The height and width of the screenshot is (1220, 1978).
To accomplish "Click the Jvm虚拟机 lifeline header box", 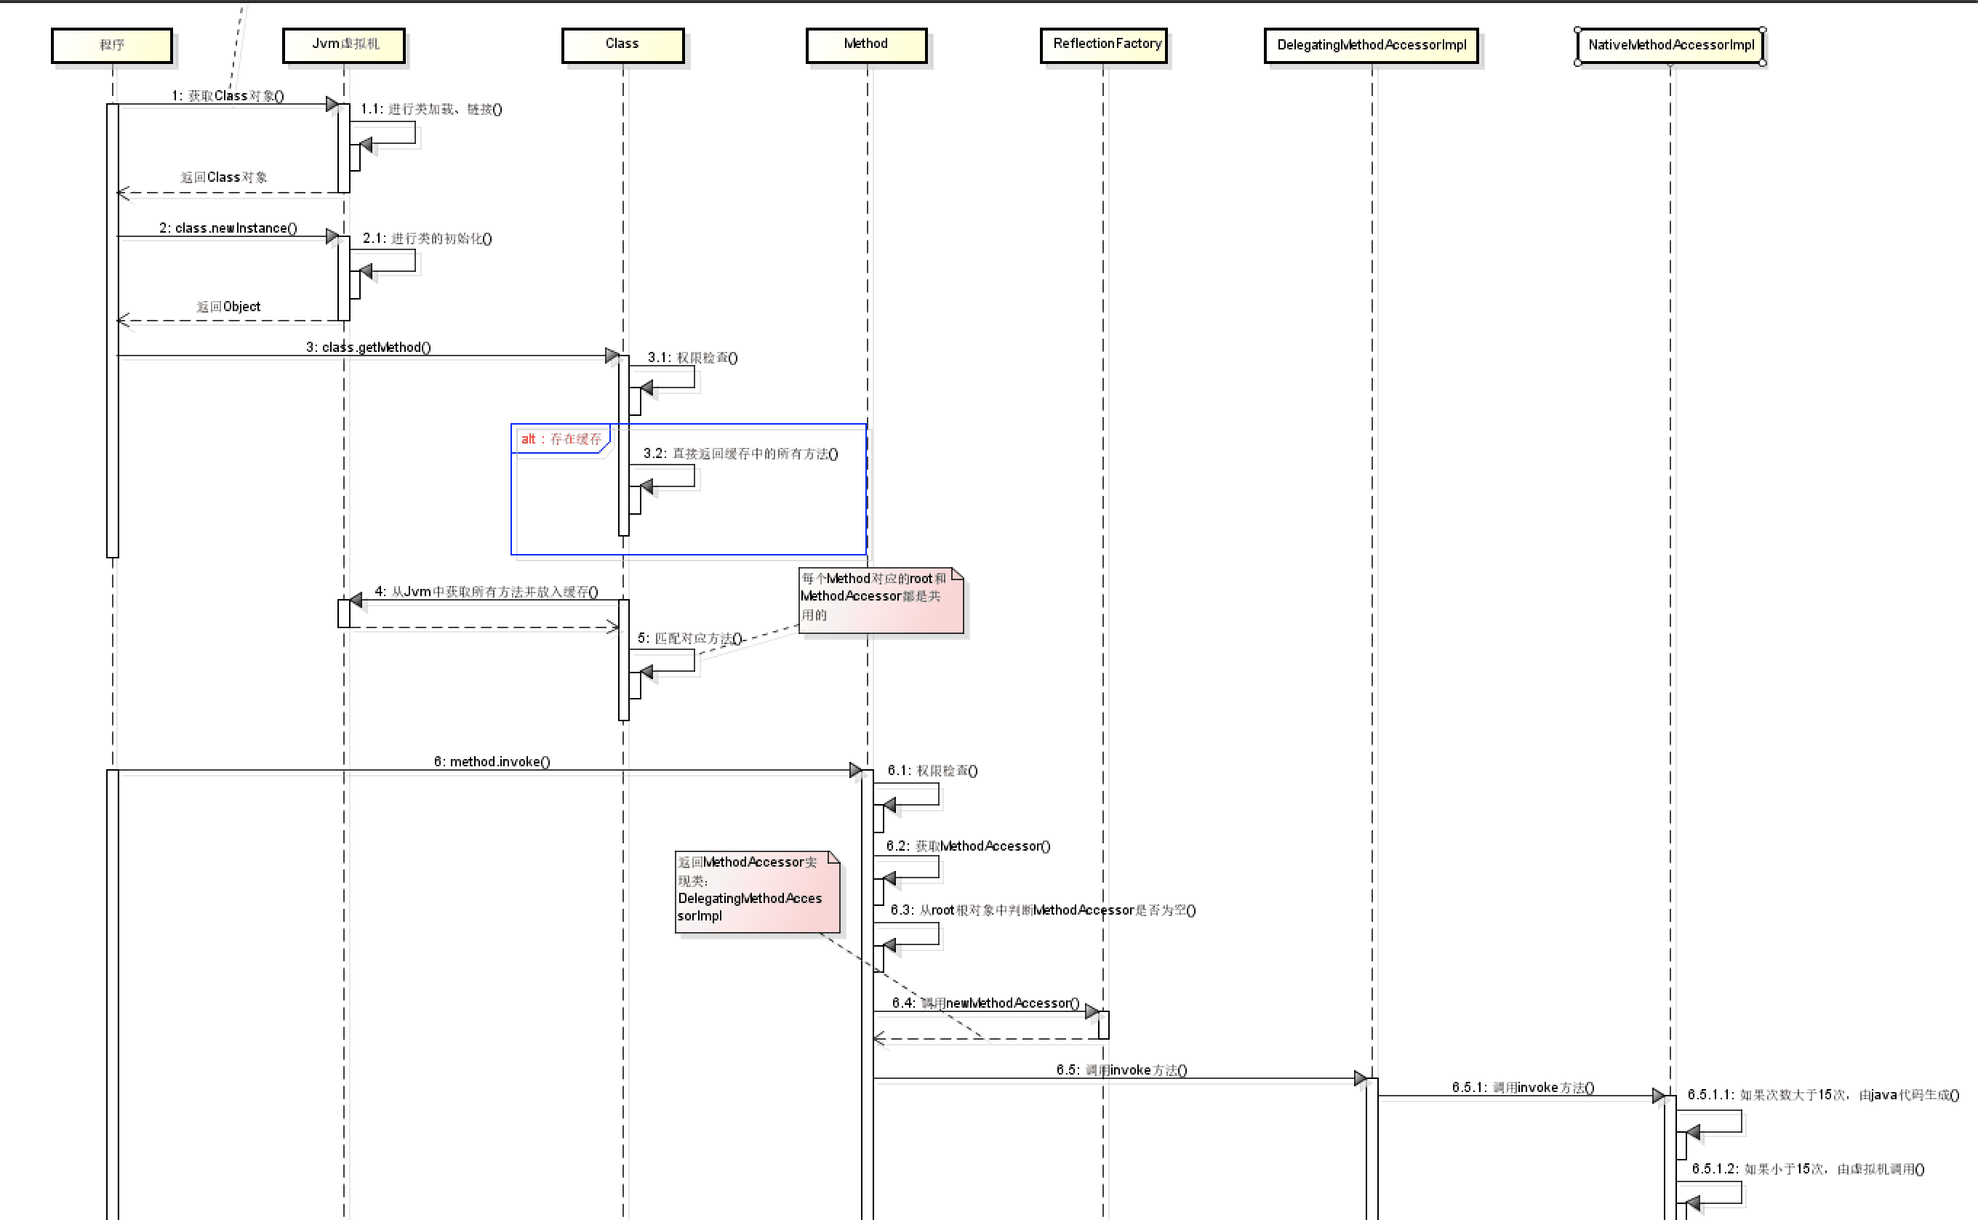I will (x=344, y=45).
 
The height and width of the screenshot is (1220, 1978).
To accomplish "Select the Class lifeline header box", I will (x=622, y=45).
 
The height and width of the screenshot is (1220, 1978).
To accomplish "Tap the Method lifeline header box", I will (x=866, y=45).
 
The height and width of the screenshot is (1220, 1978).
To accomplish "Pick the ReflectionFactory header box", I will (x=1103, y=45).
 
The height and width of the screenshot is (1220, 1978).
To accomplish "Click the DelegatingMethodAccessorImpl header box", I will (x=1371, y=45).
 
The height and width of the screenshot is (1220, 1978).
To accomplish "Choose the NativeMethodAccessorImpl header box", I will (x=1670, y=45).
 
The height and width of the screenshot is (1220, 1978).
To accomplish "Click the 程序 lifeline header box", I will (x=111, y=45).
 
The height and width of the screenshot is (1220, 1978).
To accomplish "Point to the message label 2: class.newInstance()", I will (x=228, y=228).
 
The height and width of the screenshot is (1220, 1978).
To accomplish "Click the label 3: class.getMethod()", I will (x=368, y=348).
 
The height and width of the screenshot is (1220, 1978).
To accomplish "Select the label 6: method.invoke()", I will (x=492, y=762).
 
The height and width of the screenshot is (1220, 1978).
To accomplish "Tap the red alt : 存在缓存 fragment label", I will (x=561, y=439).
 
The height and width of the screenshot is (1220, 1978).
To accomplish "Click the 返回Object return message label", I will (x=228, y=307).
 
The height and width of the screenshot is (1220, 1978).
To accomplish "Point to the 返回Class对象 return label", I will (x=223, y=177).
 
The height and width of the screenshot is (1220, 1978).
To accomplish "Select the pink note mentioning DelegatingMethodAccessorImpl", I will (x=756, y=891).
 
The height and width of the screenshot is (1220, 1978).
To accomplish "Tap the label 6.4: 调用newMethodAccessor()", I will (x=985, y=1003).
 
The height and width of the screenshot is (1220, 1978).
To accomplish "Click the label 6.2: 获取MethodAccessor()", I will (x=968, y=846).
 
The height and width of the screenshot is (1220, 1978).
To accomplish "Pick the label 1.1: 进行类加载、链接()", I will (x=431, y=109).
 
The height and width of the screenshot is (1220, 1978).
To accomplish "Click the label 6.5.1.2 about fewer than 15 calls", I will (x=1807, y=1168).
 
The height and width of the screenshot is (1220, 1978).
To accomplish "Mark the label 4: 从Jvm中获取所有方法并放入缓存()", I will (x=486, y=591).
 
